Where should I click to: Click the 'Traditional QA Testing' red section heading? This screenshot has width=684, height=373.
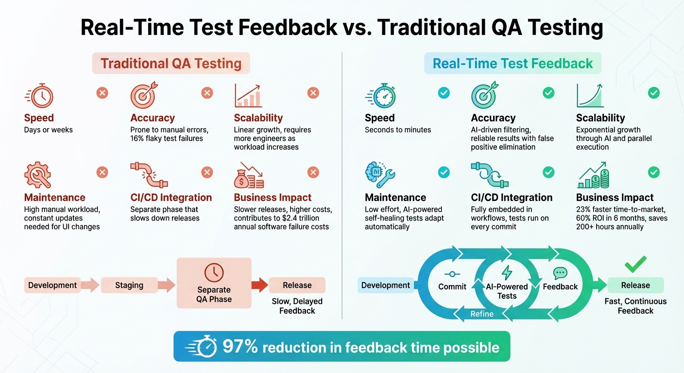(x=171, y=64)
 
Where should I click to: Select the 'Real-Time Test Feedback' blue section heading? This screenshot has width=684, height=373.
(x=513, y=64)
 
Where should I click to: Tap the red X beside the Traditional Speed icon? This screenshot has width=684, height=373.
(x=102, y=93)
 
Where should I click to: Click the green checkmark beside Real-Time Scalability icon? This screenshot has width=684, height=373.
(x=654, y=93)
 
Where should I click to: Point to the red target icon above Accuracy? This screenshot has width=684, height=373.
(x=143, y=95)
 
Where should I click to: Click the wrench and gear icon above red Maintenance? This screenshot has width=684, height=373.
(x=38, y=175)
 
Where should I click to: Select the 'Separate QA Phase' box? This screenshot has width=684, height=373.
(x=214, y=283)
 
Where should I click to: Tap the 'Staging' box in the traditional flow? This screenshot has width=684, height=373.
(x=129, y=285)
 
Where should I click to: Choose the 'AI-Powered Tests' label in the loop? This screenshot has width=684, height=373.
(x=507, y=291)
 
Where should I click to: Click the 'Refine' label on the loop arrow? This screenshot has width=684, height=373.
(x=481, y=314)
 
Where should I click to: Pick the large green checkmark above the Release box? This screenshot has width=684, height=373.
(x=635, y=265)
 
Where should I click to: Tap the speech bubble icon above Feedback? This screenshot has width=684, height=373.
(x=560, y=273)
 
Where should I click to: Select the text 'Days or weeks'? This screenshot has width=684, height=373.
(x=48, y=130)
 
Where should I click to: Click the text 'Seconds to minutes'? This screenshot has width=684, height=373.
(x=398, y=130)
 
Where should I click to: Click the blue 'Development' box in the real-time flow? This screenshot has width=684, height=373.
(x=385, y=285)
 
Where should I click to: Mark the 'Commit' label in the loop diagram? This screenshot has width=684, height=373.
(x=452, y=287)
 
